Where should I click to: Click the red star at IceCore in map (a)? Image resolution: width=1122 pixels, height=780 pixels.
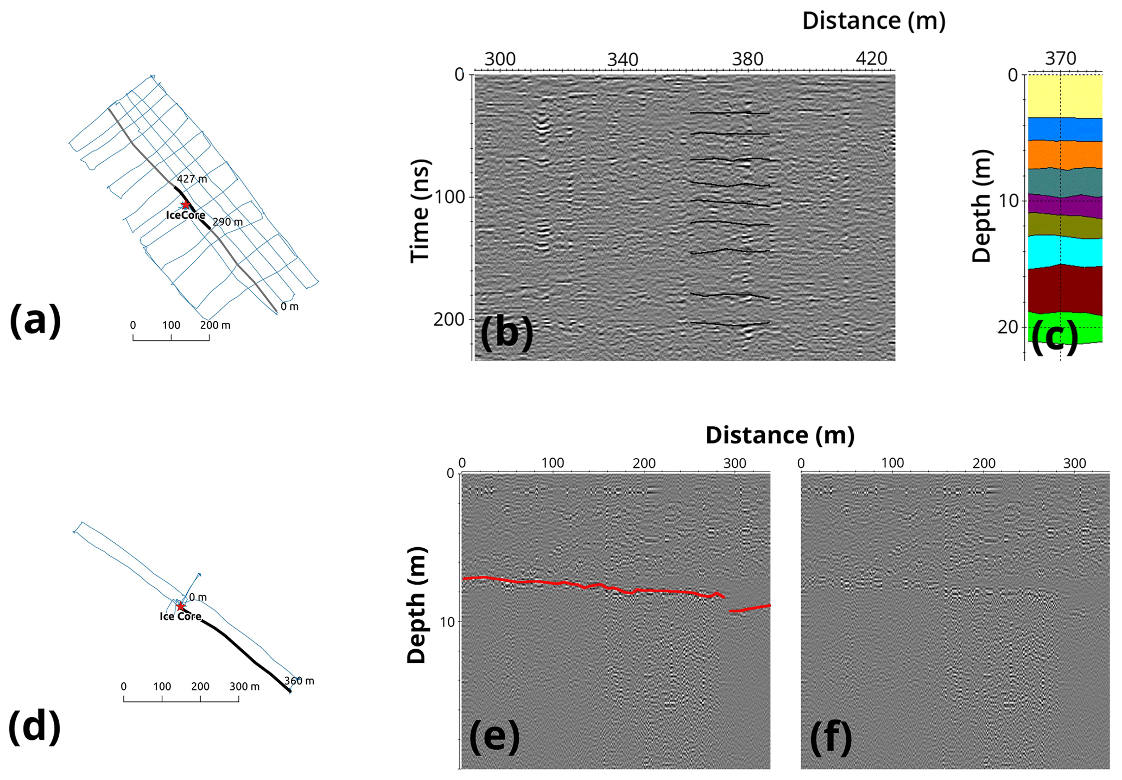[186, 205]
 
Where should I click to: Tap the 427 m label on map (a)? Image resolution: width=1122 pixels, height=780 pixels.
[192, 179]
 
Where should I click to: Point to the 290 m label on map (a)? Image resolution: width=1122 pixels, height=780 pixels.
[227, 222]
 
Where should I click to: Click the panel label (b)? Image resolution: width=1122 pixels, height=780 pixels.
[506, 332]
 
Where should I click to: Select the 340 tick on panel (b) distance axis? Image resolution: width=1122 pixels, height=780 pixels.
[623, 59]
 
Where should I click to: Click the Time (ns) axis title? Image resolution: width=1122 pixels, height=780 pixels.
[420, 211]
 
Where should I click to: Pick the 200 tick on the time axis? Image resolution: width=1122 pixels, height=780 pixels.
[449, 319]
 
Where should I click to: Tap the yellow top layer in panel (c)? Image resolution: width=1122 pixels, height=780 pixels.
[1064, 96]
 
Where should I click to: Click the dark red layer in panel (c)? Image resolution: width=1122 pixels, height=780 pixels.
[1064, 290]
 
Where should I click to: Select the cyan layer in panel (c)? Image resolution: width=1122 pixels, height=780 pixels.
[1064, 251]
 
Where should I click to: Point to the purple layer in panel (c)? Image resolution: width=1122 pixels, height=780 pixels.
[1064, 205]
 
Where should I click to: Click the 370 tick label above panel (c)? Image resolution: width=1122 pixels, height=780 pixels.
[1060, 59]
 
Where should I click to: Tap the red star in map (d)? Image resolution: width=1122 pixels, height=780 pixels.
[180, 606]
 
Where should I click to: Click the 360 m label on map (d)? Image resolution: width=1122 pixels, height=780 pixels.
[300, 681]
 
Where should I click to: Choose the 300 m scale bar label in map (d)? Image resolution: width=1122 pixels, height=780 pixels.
[244, 687]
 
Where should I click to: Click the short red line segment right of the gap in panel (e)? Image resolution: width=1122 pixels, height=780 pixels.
[750, 608]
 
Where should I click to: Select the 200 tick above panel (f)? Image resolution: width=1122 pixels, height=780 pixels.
[984, 463]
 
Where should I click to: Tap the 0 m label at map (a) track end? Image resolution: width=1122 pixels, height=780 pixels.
[289, 307]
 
